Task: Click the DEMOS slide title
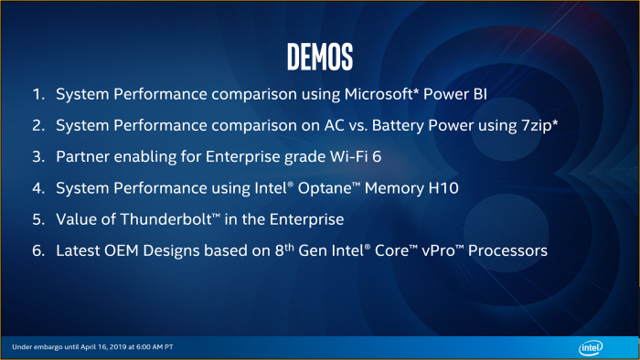319,56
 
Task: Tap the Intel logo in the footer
592,347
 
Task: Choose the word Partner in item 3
81,156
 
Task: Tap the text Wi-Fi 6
353,156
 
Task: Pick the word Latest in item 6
78,249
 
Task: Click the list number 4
37,187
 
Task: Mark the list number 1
37,94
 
